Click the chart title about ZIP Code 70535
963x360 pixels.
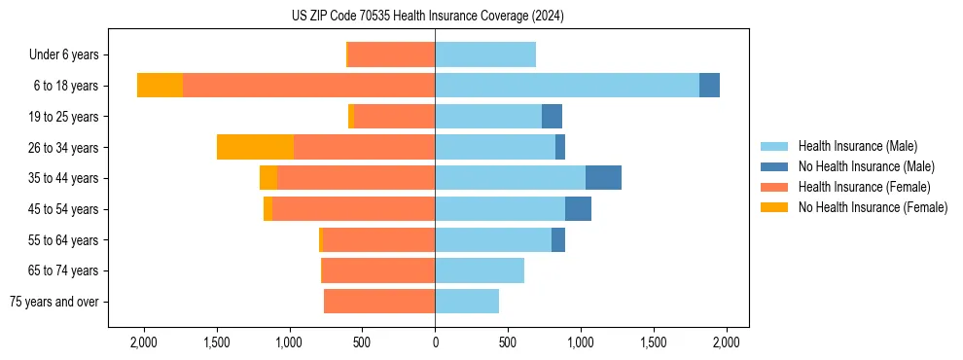pos(427,17)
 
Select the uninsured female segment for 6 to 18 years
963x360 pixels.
pos(160,86)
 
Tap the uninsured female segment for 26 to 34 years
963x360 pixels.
pos(255,147)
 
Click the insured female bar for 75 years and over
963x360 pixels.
pos(378,302)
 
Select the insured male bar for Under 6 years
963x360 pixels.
pos(484,54)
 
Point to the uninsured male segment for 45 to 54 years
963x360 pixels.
pos(578,209)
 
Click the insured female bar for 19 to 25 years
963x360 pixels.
pos(394,117)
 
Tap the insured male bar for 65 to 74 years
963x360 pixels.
pos(479,270)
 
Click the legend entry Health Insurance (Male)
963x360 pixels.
pos(857,146)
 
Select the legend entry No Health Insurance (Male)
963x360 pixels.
pos(866,166)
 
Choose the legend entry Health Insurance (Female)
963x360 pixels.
pos(864,187)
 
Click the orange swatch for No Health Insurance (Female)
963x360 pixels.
pos(774,207)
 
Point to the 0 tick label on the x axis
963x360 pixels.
pos(435,342)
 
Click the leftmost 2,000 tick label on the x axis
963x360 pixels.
pos(143,342)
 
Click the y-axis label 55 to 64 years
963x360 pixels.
pos(63,240)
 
